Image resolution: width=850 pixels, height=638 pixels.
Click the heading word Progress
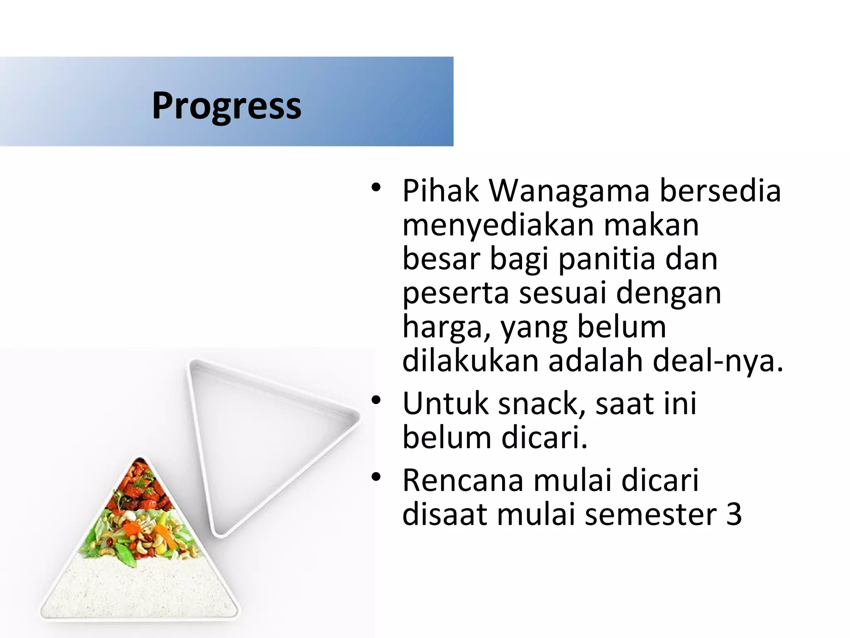(x=227, y=106)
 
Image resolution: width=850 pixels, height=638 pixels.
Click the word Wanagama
(x=569, y=191)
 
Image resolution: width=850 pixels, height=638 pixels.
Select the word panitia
(x=607, y=259)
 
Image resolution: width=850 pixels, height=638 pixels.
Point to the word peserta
(x=455, y=293)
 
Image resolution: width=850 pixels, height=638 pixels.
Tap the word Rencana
(x=463, y=481)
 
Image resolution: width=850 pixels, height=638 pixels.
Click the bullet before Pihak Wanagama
(x=376, y=188)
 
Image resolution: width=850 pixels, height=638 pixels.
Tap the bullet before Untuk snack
(x=376, y=400)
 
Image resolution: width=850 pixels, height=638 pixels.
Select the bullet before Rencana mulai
(x=376, y=477)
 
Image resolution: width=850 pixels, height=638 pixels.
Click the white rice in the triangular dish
(x=141, y=590)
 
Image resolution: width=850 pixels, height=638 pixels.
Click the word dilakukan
(x=470, y=361)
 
